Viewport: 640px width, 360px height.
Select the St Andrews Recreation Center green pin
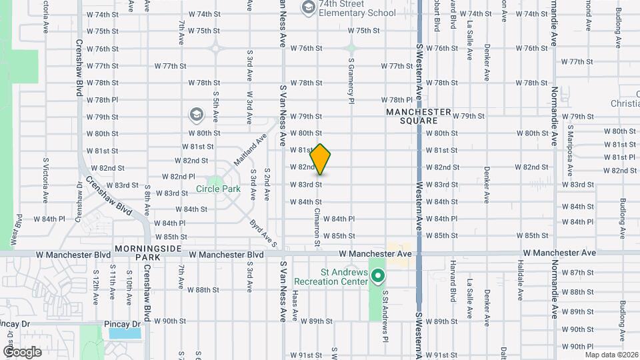tap(378, 275)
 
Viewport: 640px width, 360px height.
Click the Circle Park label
tap(218, 189)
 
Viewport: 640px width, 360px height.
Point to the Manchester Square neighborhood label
tap(419, 117)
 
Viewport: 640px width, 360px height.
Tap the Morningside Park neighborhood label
tap(139, 252)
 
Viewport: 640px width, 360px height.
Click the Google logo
tap(22, 351)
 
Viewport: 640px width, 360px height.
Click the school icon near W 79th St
tap(197, 115)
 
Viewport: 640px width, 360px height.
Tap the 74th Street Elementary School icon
tap(308, 7)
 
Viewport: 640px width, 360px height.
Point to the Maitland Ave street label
tap(250, 150)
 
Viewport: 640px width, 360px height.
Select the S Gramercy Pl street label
tap(351, 79)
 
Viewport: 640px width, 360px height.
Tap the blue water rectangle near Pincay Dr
tap(125, 333)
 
